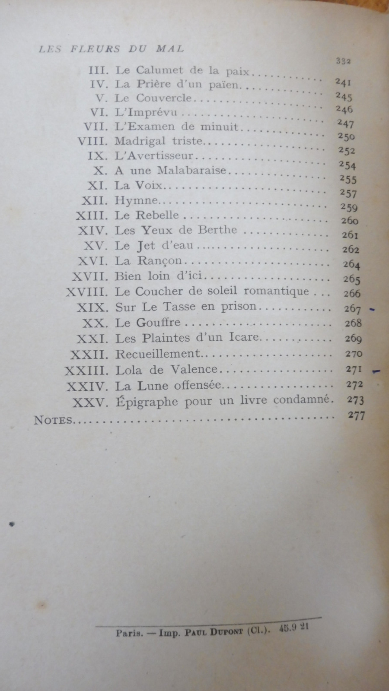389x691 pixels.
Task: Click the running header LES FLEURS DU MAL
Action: (x=112, y=49)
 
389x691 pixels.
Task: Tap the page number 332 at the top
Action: (x=343, y=61)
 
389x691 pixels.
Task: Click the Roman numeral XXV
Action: (x=89, y=403)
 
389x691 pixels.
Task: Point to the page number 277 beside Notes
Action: (x=356, y=416)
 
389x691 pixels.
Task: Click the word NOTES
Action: (x=53, y=420)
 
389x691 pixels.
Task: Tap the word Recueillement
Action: (x=158, y=354)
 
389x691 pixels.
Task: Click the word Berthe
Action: (x=218, y=230)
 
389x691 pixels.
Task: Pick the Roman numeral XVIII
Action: (x=87, y=292)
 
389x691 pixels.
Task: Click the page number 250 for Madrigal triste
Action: (x=346, y=137)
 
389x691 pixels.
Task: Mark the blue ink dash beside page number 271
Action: (x=376, y=371)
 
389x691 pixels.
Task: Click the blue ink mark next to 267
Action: (x=372, y=310)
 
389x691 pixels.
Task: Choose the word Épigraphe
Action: (x=147, y=402)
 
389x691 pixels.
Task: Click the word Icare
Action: (x=242, y=337)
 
